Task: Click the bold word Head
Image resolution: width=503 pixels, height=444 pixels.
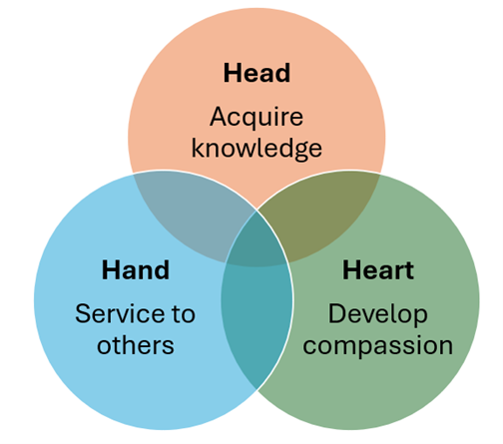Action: pos(256,73)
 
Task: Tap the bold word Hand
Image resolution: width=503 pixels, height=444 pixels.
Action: pos(136,269)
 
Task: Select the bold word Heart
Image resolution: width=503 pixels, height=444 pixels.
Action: pos(378,269)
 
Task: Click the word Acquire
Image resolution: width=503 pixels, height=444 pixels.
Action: pos(256,117)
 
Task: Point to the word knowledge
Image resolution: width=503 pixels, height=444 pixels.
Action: pos(256,149)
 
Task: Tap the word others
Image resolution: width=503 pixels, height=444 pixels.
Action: pos(136,345)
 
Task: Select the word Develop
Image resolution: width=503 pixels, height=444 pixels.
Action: pos(378,314)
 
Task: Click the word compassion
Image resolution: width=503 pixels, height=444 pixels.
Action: pos(378,346)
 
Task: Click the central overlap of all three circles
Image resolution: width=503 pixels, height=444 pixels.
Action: pos(256,240)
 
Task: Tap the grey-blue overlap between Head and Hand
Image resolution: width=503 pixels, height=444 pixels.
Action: pos(190,213)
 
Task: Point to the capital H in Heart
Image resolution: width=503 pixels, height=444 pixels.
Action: pos(350,269)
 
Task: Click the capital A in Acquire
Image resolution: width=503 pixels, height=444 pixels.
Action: pos(219,116)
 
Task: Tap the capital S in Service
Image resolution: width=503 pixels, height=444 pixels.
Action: pos(82,313)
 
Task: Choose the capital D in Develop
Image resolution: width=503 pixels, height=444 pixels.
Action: pos(336,313)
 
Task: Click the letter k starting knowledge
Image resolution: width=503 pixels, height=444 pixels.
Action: pos(198,147)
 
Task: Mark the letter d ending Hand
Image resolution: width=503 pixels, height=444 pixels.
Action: pos(163,269)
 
